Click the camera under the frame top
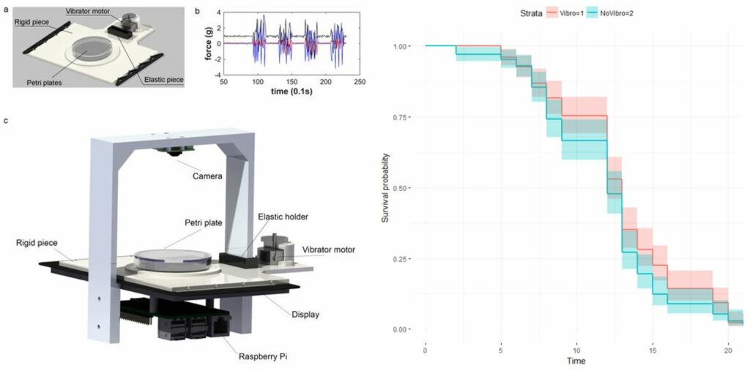click(173, 151)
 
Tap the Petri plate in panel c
click(173, 258)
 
